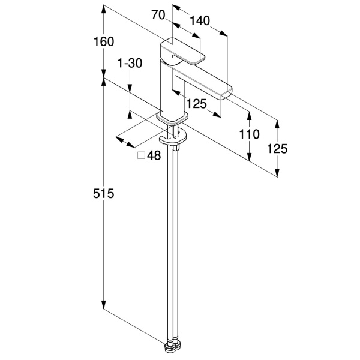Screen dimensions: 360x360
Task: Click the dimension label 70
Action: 158,16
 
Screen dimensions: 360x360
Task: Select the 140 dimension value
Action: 199,21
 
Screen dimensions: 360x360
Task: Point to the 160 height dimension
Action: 104,42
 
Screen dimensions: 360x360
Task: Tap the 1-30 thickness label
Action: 130,64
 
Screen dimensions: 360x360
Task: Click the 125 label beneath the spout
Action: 196,104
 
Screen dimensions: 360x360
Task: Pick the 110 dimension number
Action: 250,134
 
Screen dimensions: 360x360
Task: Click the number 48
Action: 154,155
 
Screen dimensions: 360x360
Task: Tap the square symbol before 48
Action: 142,155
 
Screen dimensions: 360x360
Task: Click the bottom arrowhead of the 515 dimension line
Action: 104,305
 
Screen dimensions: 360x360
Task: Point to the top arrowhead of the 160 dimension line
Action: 104,8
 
